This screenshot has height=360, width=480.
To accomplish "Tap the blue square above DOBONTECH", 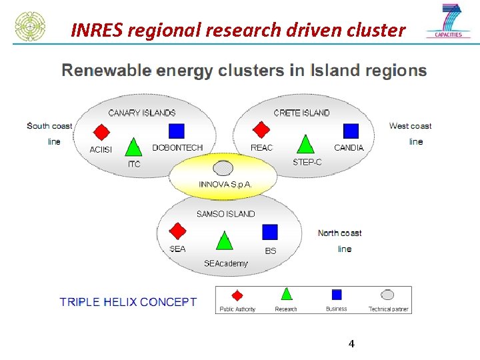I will pyautogui.click(x=177, y=131).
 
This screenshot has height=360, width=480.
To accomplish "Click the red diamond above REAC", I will pyautogui.click(x=261, y=129).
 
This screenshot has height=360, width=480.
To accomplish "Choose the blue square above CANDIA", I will pyautogui.click(x=351, y=131).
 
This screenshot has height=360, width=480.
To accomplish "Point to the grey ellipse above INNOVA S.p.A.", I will pyautogui.click(x=223, y=169).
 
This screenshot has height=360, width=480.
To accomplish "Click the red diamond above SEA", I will pyautogui.click(x=177, y=231).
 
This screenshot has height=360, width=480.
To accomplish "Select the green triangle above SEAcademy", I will pyautogui.click(x=225, y=241).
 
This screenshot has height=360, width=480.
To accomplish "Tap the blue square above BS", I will pyautogui.click(x=269, y=232).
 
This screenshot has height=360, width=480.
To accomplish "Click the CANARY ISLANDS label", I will pyautogui.click(x=142, y=113).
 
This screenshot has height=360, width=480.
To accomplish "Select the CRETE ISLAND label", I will pyautogui.click(x=301, y=113).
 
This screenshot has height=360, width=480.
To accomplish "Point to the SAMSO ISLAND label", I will pyautogui.click(x=225, y=214).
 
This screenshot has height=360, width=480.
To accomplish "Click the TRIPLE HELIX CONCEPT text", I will pyautogui.click(x=128, y=302).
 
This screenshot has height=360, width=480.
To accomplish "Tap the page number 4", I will pyautogui.click(x=351, y=344).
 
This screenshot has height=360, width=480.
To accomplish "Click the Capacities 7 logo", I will pyautogui.click(x=449, y=21).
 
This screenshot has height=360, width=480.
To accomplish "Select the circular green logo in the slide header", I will pyautogui.click(x=30, y=26).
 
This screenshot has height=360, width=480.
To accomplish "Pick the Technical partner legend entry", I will pyautogui.click(x=388, y=300).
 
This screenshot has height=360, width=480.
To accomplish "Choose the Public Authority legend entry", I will pyautogui.click(x=237, y=300).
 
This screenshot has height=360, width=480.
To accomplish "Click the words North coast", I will pyautogui.click(x=339, y=233).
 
